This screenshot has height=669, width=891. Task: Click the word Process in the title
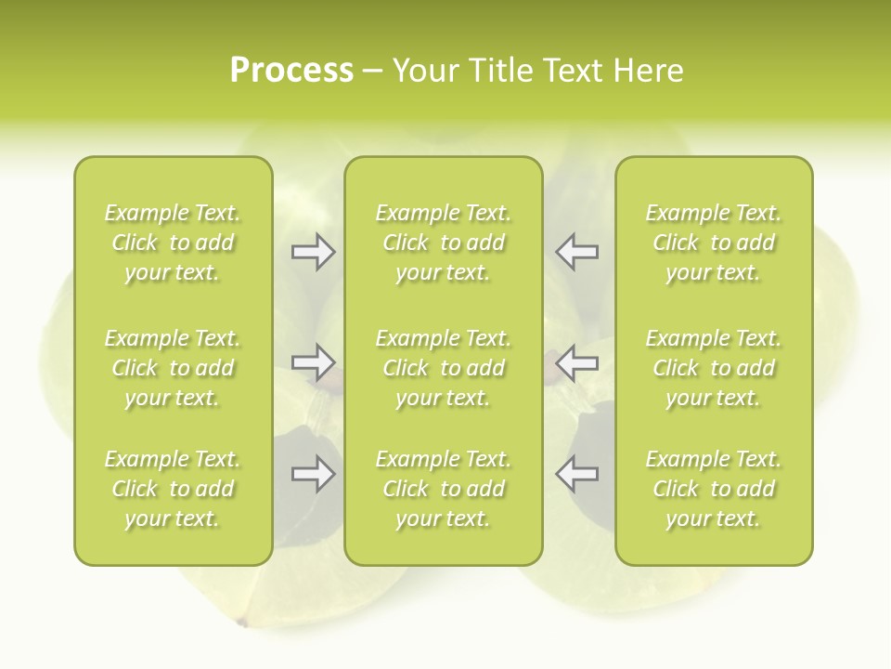[x=291, y=71]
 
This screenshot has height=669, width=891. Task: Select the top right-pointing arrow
[x=313, y=251]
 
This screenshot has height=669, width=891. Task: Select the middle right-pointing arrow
[x=313, y=362]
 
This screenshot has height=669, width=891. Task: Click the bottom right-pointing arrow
[x=313, y=474]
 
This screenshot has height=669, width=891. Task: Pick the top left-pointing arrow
[x=577, y=251]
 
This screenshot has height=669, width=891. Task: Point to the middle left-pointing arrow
[x=577, y=362]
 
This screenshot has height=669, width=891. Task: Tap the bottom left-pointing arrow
[x=577, y=474]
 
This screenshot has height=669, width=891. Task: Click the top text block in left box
[x=173, y=243]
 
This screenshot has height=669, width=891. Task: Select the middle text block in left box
[x=173, y=368]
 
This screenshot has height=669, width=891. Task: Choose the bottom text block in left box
[x=173, y=489]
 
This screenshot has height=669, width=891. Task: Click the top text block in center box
[x=443, y=243]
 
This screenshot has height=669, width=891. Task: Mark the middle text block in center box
[x=443, y=368]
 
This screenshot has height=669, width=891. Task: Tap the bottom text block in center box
[x=443, y=489]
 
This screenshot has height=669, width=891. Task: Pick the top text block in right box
[x=713, y=243]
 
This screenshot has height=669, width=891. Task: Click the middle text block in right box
[x=713, y=368]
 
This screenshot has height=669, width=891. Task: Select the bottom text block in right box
[x=713, y=489]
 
